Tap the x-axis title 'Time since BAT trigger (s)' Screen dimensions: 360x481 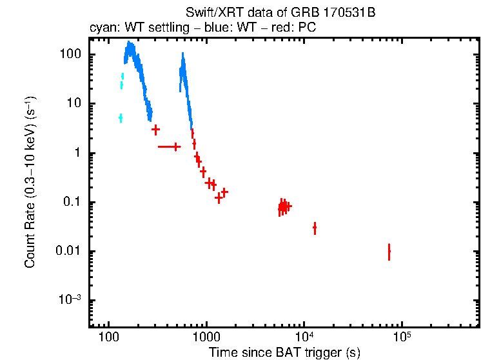click(x=284, y=352)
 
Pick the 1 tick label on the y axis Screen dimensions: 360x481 click(x=77, y=153)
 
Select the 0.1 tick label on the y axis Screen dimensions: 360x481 click(x=72, y=202)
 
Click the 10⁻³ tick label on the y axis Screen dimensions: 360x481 click(x=70, y=300)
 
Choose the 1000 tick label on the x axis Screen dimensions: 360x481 click(x=206, y=337)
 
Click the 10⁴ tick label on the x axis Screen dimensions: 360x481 click(x=304, y=336)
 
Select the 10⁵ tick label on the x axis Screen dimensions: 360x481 click(x=402, y=336)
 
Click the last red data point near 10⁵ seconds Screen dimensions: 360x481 click(x=389, y=251)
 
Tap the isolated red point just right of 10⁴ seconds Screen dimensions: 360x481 click(x=315, y=228)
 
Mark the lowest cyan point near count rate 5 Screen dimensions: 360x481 click(x=121, y=117)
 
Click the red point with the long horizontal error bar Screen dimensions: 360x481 click(x=176, y=147)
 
